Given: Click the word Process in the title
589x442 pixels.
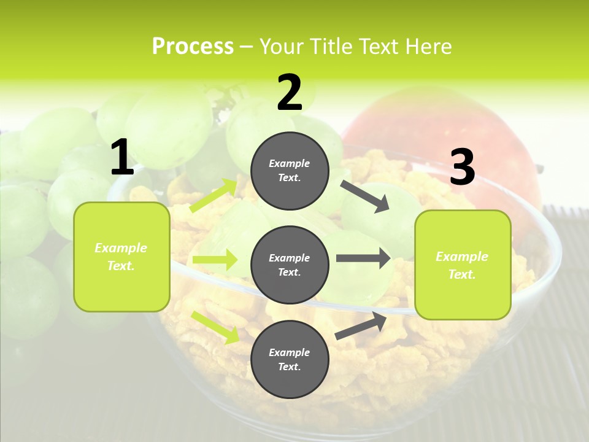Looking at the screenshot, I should tap(193, 46).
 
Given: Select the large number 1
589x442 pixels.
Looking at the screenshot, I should tap(122, 158).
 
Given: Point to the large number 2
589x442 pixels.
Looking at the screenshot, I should tap(290, 93).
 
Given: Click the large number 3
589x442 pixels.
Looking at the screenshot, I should tap(462, 168).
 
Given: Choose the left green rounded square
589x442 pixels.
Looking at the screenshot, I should tap(121, 257).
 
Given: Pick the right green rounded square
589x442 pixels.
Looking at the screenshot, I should tap(463, 265).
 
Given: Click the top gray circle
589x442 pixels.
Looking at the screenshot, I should tap(290, 171).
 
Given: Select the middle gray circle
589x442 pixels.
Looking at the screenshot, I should tap(290, 265).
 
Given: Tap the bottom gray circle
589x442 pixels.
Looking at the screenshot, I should tap(290, 359).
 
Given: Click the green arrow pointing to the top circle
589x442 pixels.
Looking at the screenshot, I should tap(214, 195).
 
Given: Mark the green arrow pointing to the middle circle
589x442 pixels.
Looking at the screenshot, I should tap(215, 260).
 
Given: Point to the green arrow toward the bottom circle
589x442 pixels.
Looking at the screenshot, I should tap(215, 327).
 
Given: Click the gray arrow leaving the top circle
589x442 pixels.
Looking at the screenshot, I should tap(365, 196).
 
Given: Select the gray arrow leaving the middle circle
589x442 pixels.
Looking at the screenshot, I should tap(363, 258).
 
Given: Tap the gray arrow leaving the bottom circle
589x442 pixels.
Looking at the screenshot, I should tap(361, 325).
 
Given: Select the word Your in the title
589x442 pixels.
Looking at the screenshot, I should tap(281, 46).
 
